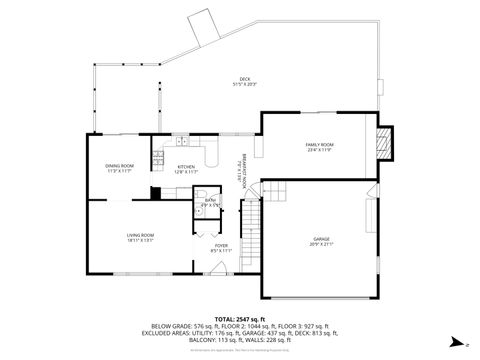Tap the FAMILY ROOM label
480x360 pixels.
(x=319, y=145)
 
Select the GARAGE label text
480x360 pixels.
(x=321, y=239)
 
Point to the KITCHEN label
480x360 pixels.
(x=186, y=167)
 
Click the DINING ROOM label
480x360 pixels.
(x=119, y=166)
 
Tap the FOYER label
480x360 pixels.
(x=221, y=245)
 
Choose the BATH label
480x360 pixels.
(x=210, y=200)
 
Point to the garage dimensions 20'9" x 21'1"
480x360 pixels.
(x=321, y=245)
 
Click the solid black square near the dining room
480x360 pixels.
(x=155, y=192)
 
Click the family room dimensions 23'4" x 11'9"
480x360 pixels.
(x=319, y=151)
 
